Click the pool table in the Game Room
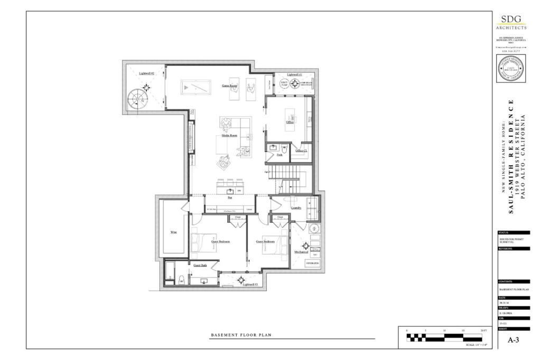196,86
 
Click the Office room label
290,122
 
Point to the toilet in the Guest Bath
181,279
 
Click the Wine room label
173,232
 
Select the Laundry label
295,208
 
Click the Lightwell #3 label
250,285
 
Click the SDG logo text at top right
511,20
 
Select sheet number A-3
514,340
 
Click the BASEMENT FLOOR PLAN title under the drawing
235,335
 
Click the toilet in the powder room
284,147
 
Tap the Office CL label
301,150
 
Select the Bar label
230,198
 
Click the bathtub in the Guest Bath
169,273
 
